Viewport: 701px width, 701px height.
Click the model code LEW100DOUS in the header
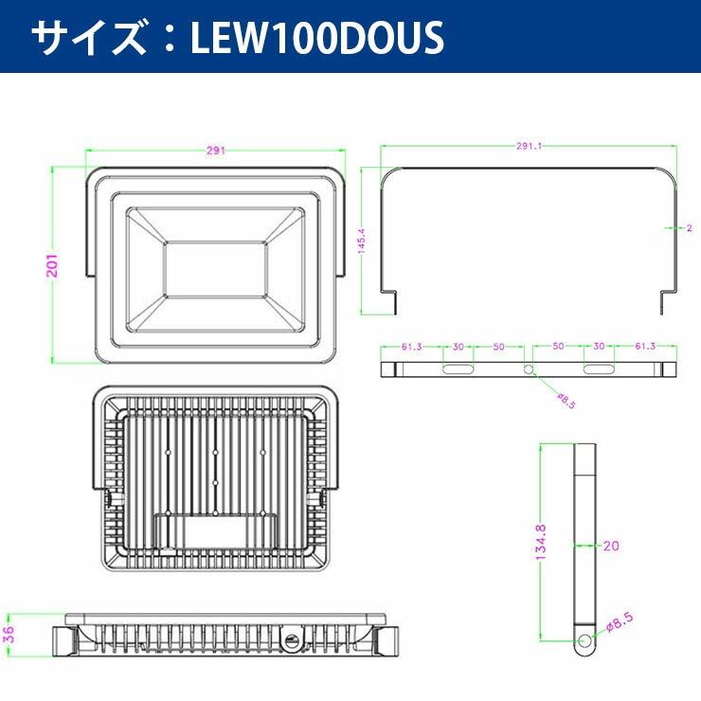coord(317,38)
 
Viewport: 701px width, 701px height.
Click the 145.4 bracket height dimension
coord(360,242)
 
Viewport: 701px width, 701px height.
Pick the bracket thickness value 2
coord(689,228)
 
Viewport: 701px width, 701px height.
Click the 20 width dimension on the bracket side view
coord(612,545)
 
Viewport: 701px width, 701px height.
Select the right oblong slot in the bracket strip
coord(599,368)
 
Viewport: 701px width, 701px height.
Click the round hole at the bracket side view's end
coord(584,643)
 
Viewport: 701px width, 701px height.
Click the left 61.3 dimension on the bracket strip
coord(410,347)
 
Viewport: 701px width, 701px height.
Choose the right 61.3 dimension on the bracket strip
coord(647,347)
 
